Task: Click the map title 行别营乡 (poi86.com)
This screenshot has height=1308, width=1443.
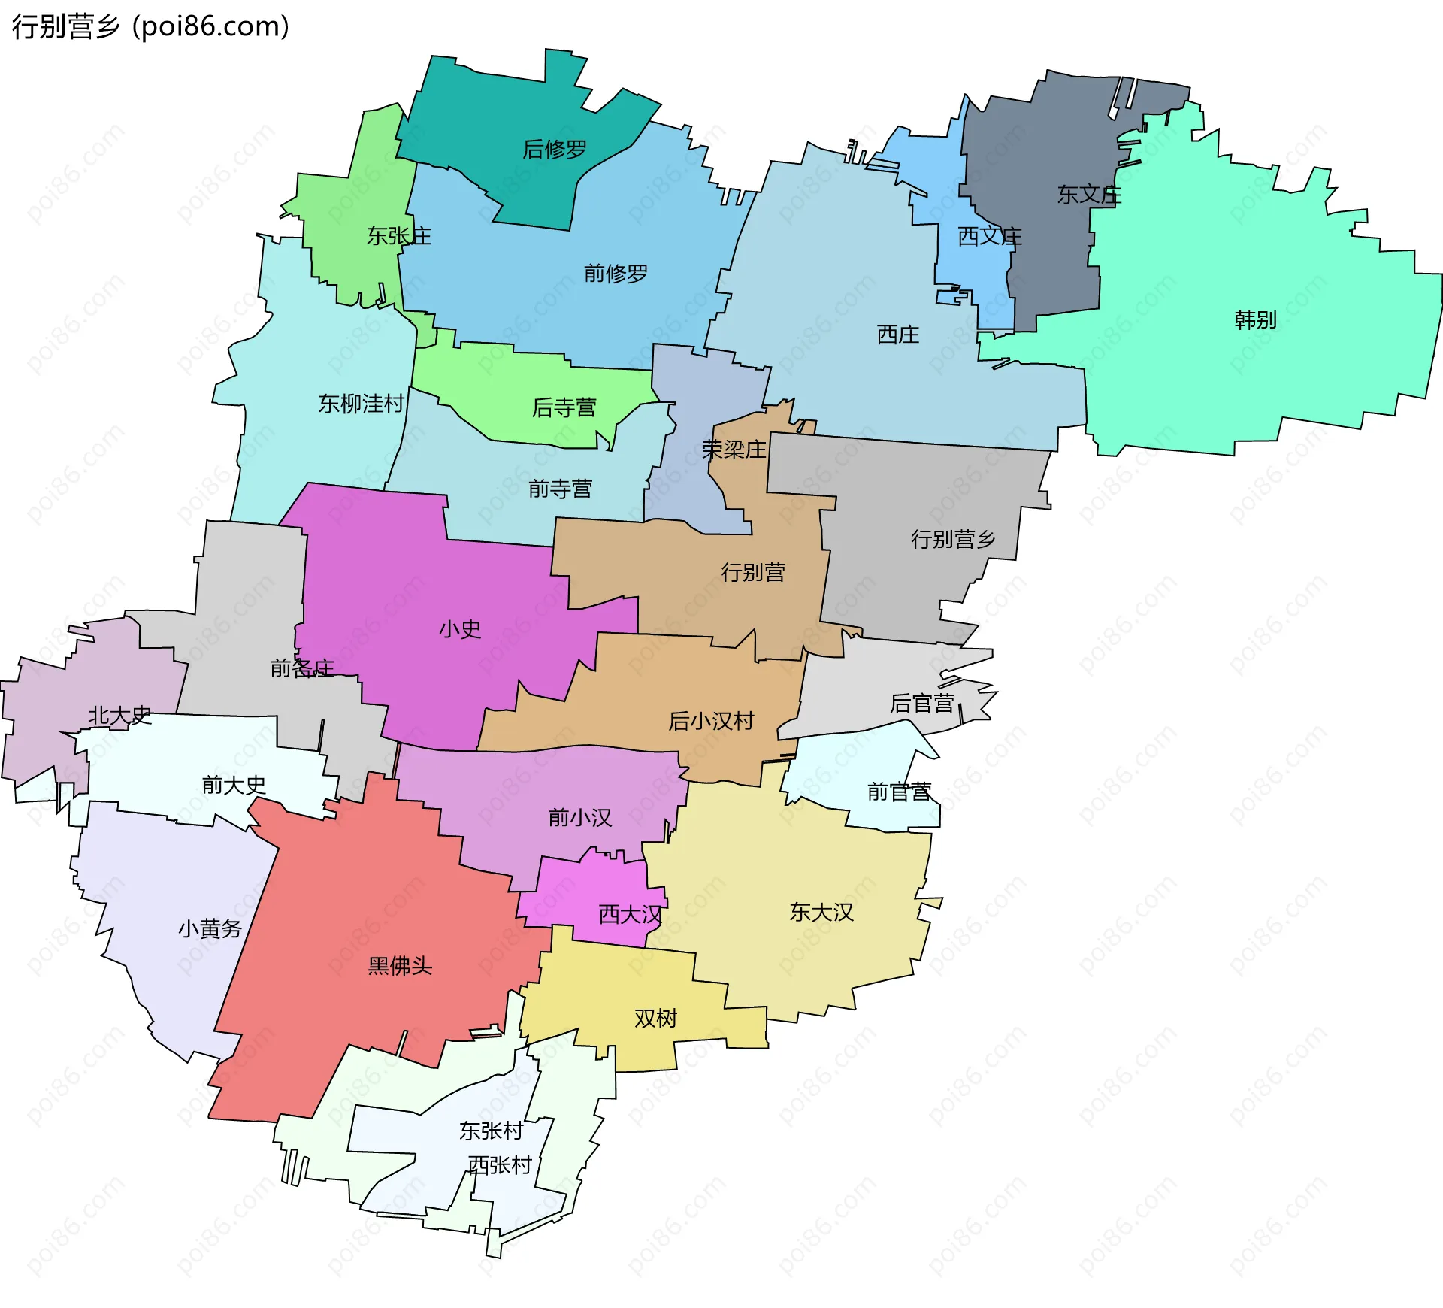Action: [150, 27]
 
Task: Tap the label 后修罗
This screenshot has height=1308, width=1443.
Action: [555, 150]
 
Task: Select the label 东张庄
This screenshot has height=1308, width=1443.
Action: [399, 236]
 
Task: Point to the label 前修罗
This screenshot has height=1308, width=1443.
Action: [616, 274]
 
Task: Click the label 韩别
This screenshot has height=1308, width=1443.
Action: [1255, 320]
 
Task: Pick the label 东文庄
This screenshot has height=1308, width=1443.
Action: [1089, 195]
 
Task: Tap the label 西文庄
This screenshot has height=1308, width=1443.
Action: [989, 237]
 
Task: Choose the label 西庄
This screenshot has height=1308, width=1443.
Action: [897, 335]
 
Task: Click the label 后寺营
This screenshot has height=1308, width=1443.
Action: [564, 407]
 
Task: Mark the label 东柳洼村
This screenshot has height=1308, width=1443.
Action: [362, 404]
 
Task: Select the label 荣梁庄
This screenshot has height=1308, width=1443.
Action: [734, 450]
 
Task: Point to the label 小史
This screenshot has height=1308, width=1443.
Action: [459, 629]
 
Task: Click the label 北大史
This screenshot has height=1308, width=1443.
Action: [119, 716]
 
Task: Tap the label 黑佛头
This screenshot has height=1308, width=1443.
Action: [400, 966]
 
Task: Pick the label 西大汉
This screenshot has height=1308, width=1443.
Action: [630, 915]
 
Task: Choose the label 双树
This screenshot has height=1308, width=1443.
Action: [655, 1019]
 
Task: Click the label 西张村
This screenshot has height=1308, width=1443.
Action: [500, 1165]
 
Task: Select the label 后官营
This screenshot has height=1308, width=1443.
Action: [921, 704]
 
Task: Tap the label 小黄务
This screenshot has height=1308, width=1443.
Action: [210, 929]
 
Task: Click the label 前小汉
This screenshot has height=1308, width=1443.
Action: [579, 817]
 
